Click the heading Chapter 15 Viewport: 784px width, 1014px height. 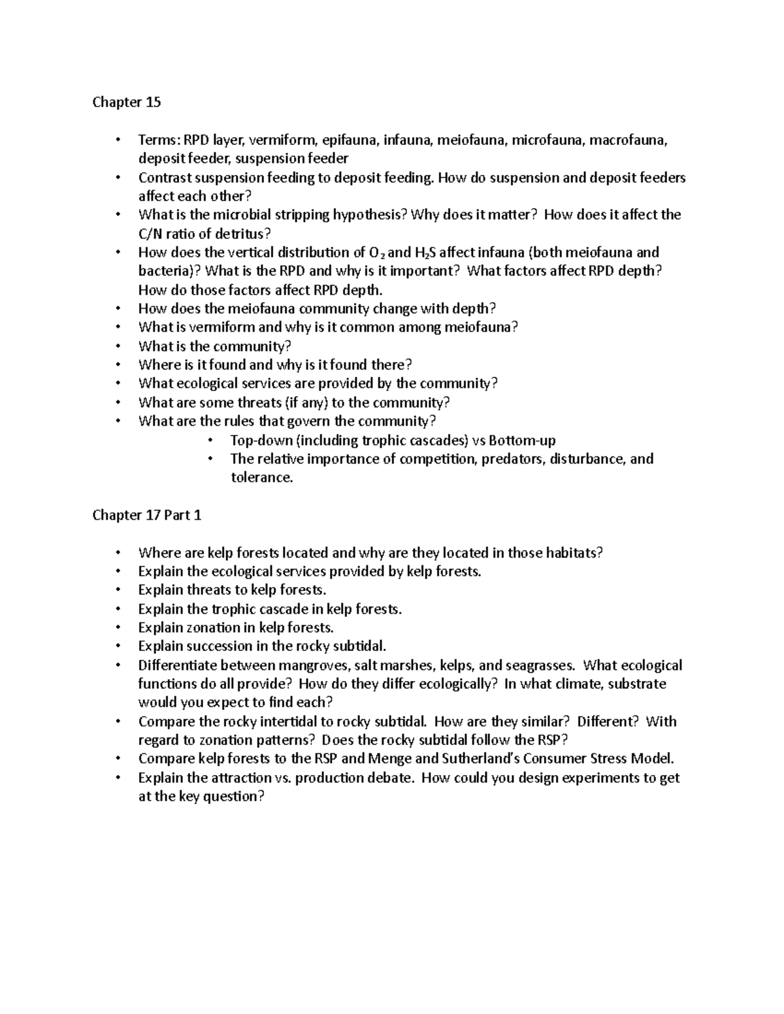pyautogui.click(x=126, y=103)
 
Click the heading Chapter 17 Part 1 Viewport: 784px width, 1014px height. pyautogui.click(x=146, y=515)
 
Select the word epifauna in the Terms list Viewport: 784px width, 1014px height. pyautogui.click(x=350, y=140)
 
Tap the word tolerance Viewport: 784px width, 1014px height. pyautogui.click(x=261, y=477)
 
